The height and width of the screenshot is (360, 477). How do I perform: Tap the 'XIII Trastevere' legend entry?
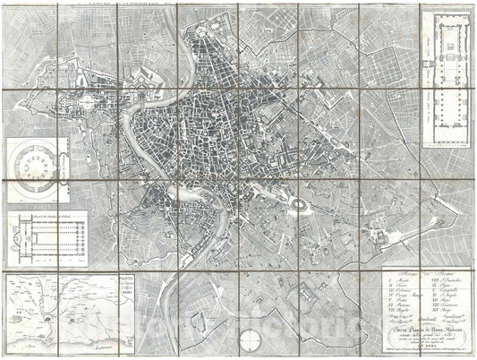[x=443, y=305]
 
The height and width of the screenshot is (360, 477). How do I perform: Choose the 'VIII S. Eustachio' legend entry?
[x=442, y=281]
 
